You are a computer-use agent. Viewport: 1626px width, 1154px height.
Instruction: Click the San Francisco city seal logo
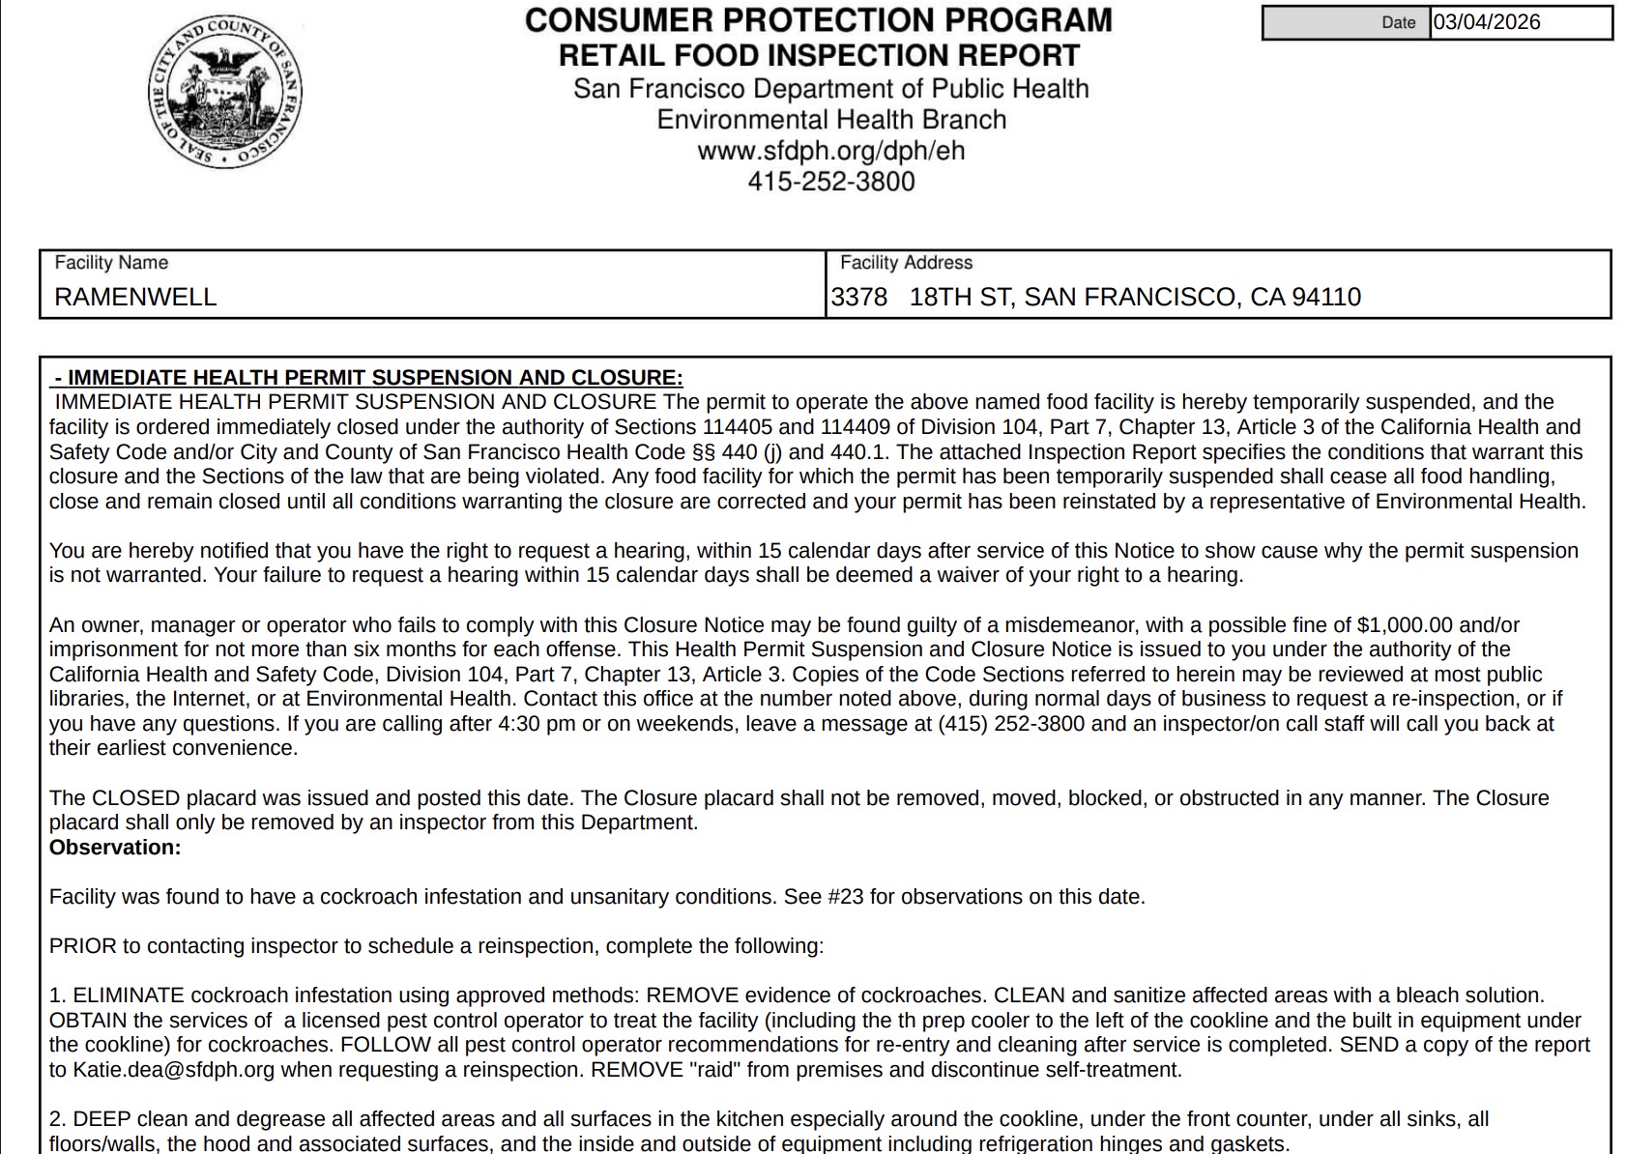[x=224, y=93]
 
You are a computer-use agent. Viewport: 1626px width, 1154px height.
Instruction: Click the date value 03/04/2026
[x=1487, y=22]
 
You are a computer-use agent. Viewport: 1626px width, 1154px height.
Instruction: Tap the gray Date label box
[x=1346, y=22]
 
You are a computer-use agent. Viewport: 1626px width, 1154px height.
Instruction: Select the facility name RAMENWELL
[x=135, y=297]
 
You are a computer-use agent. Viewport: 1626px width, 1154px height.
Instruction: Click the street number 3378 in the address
[x=859, y=297]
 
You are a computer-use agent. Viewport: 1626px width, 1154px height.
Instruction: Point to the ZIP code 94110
[x=1327, y=297]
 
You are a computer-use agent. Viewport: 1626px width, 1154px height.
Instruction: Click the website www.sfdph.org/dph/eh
[x=830, y=151]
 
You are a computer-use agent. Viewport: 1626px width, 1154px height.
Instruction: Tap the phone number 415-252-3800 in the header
[x=830, y=182]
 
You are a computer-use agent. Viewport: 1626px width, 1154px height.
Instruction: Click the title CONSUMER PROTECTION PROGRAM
[x=818, y=20]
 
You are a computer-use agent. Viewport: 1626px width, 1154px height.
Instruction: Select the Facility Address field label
[x=906, y=263]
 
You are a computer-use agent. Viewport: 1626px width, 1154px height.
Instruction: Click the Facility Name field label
[x=111, y=263]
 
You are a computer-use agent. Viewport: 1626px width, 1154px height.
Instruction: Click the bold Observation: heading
[x=115, y=848]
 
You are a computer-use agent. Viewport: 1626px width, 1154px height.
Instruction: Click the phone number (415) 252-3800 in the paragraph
[x=1011, y=724]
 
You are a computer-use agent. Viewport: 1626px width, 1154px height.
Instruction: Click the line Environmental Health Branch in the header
[x=830, y=120]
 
